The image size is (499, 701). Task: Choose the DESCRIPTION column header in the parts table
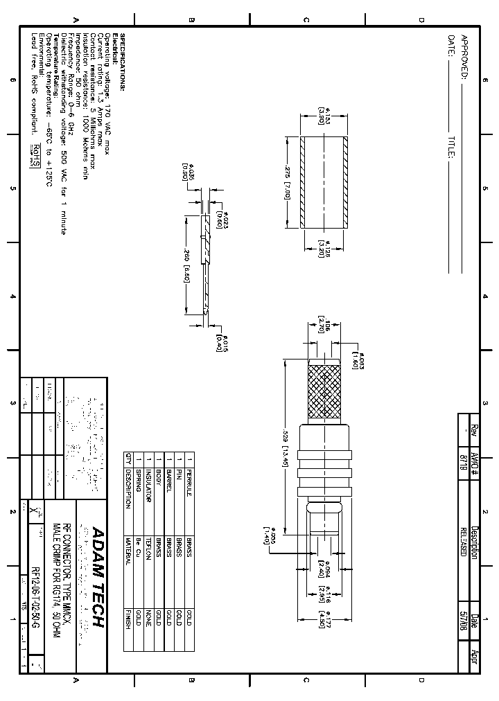point(128,489)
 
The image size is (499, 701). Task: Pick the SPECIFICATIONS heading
point(123,62)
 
